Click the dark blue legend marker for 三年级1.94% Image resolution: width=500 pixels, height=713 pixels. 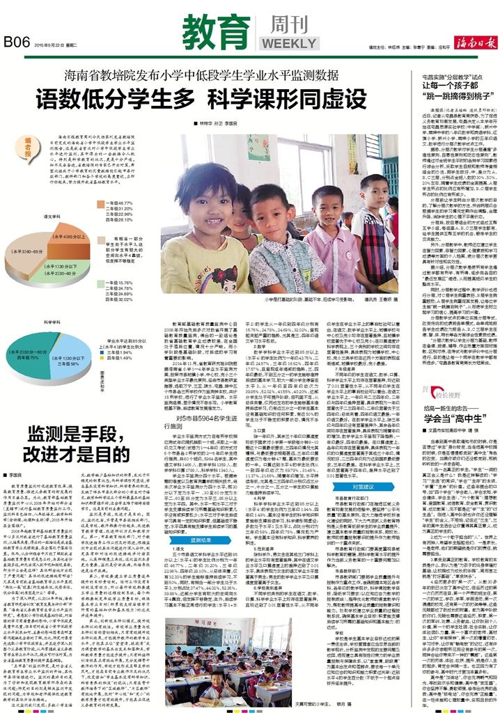(103, 352)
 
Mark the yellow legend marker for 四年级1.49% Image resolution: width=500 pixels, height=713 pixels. (103, 358)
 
